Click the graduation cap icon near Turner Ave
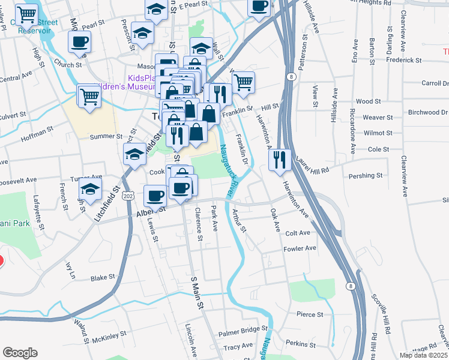click(91, 188)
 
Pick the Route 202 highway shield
click(127, 196)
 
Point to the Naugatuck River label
click(224, 171)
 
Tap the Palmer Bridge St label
click(243, 329)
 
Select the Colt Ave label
click(297, 233)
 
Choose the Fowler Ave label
click(300, 248)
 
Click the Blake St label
click(102, 278)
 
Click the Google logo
click(20, 352)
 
